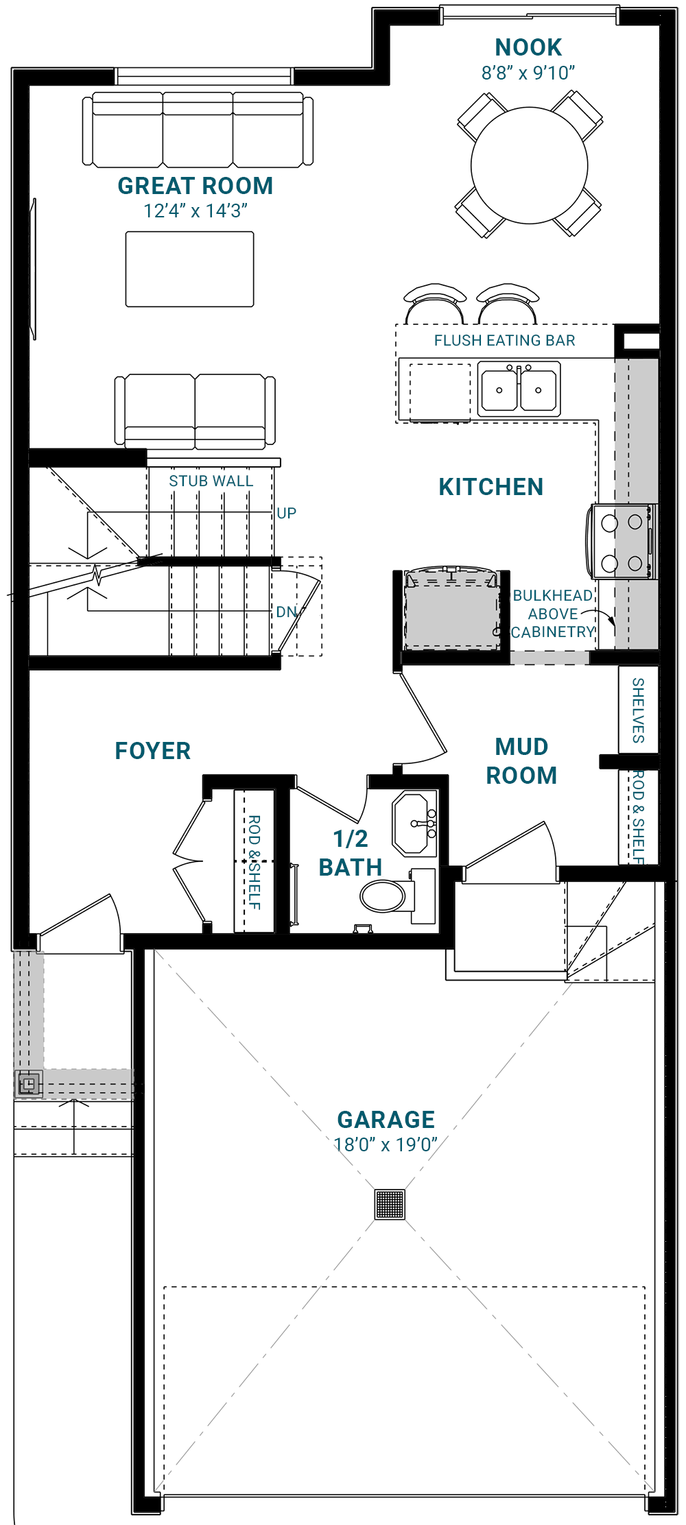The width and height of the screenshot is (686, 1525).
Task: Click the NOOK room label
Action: point(528,47)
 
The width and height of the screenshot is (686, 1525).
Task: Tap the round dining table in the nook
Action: point(530,165)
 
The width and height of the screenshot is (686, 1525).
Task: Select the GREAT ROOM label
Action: point(196,186)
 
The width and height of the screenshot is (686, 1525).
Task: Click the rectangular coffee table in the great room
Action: point(190,269)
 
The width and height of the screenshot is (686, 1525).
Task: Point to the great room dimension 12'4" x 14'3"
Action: point(196,211)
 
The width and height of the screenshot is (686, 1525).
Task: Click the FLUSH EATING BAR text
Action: point(505,340)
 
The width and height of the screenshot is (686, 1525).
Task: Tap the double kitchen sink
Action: point(519,389)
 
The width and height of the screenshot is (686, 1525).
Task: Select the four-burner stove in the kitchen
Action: point(622,542)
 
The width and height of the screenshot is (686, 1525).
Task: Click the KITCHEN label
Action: point(491,487)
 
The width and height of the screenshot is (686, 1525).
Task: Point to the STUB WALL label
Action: point(211,481)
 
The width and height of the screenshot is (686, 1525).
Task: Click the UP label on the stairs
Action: point(287,513)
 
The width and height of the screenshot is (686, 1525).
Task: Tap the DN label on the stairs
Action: point(287,612)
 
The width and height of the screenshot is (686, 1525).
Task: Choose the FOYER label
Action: point(153,751)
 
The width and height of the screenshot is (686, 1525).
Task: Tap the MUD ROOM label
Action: point(521,761)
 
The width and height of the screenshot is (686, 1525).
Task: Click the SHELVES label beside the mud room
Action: point(638,710)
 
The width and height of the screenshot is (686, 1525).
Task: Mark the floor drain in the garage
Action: point(390,1204)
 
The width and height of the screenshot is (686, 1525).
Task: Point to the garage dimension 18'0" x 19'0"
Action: point(386,1144)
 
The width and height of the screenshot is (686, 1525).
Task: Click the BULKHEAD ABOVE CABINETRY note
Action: point(553,614)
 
